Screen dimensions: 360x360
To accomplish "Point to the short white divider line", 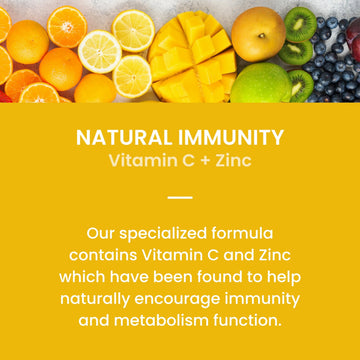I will [180, 197].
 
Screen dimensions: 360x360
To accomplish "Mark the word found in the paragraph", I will [223, 276].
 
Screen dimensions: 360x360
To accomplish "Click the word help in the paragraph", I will [281, 276].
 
